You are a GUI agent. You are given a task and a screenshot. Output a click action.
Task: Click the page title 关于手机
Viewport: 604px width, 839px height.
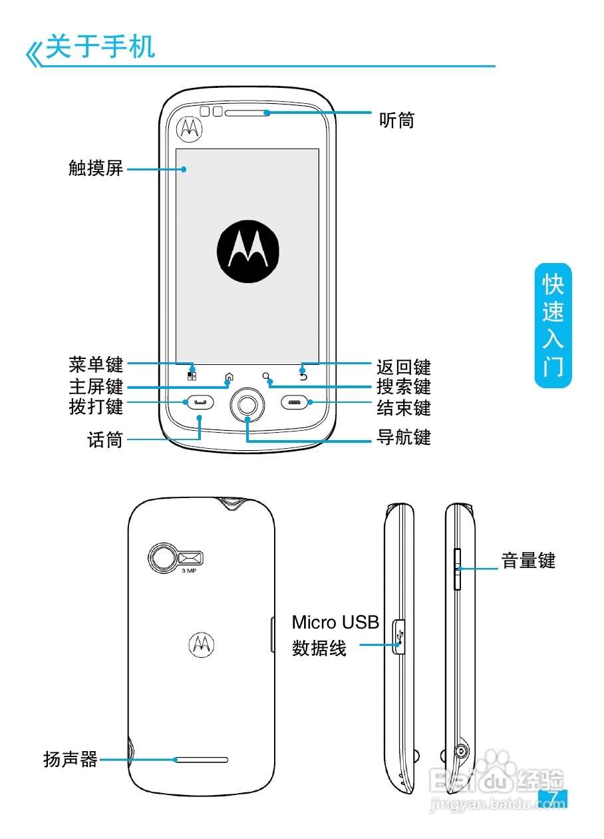pyautogui.click(x=100, y=48)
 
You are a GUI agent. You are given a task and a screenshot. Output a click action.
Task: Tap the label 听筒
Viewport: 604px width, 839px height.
pyautogui.click(x=396, y=120)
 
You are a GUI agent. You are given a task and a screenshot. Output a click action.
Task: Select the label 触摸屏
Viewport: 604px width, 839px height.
pyautogui.click(x=96, y=168)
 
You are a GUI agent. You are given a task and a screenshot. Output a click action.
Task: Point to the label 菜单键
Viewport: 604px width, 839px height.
pyautogui.click(x=96, y=365)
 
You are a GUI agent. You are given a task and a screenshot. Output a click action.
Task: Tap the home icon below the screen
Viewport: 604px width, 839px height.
pyautogui.click(x=229, y=377)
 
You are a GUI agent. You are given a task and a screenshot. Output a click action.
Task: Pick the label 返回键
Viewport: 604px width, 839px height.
pyautogui.click(x=404, y=368)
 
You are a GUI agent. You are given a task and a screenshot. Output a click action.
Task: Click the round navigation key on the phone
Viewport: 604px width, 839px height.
pyautogui.click(x=247, y=404)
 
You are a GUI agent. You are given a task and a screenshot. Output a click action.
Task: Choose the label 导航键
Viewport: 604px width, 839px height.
pyautogui.click(x=404, y=437)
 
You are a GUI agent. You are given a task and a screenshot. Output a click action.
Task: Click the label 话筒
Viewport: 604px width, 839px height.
pyautogui.click(x=105, y=439)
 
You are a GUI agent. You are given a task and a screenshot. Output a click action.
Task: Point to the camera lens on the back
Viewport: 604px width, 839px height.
pyautogui.click(x=162, y=559)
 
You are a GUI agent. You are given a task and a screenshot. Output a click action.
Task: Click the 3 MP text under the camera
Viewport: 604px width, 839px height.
pyautogui.click(x=189, y=571)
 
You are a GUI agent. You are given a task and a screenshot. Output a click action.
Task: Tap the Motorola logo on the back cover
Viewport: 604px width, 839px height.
pyautogui.click(x=202, y=643)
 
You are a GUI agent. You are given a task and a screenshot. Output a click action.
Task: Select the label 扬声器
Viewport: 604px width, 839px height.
pyautogui.click(x=71, y=759)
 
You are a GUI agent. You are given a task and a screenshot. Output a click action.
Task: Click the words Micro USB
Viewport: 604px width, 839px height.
pyautogui.click(x=335, y=623)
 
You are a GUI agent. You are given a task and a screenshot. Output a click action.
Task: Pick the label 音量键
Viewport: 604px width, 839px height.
pyautogui.click(x=528, y=561)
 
